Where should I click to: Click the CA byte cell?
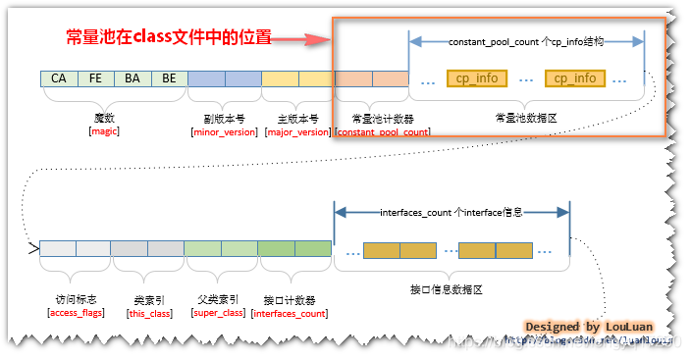59,77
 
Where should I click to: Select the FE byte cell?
95,77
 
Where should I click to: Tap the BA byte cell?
133,77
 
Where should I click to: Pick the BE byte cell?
168,77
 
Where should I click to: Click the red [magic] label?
103,130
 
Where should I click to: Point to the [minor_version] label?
224,130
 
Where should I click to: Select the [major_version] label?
297,130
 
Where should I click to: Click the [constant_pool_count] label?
382,130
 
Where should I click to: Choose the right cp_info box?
573,77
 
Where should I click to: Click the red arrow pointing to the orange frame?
299,39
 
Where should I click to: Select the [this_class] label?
149,312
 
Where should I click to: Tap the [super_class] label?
219,312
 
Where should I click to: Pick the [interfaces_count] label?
290,312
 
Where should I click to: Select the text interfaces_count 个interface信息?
452,213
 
